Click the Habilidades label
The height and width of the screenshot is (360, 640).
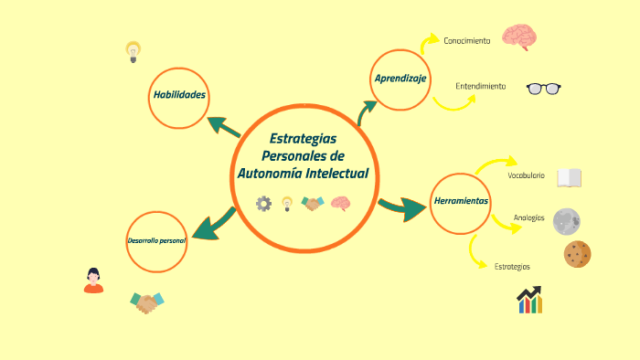[179, 95]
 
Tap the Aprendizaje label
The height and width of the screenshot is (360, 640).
[400, 79]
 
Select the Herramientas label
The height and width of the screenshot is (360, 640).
[461, 201]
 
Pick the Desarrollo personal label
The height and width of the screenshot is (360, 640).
[156, 241]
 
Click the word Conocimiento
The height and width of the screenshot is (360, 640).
[467, 41]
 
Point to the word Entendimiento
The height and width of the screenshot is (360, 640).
[481, 87]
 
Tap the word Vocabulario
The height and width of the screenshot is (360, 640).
[526, 175]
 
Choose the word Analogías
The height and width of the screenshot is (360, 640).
[529, 217]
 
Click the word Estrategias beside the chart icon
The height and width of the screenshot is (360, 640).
[512, 267]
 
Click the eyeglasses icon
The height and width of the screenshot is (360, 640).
[543, 89]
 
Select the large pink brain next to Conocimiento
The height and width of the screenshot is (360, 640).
[518, 37]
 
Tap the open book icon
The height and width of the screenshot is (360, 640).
[570, 177]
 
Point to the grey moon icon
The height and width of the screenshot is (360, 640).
[567, 220]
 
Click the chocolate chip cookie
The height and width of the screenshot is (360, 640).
[577, 254]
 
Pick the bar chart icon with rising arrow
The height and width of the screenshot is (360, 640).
[529, 300]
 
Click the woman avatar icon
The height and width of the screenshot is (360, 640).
[93, 281]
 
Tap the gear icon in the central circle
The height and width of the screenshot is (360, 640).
[263, 204]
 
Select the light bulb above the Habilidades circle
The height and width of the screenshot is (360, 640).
[133, 50]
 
